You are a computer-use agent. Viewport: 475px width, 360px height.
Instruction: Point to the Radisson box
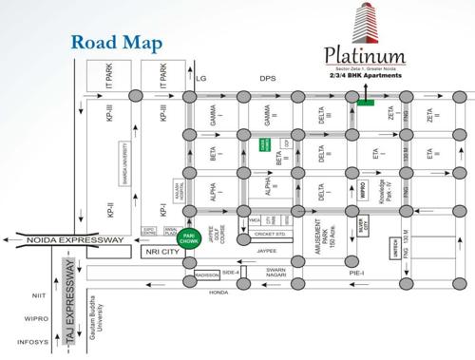pyautogui.click(x=207, y=275)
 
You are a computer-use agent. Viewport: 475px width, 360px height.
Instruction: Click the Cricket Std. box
pyautogui.click(x=267, y=233)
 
